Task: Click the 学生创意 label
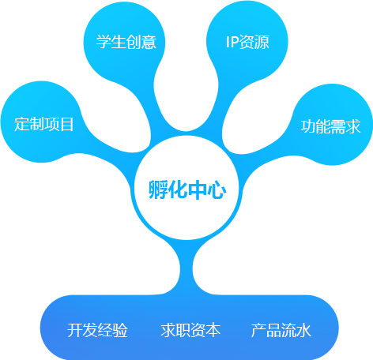coord(126,42)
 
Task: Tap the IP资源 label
coord(247,42)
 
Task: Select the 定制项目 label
coord(43,124)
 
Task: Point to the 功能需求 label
coord(330,126)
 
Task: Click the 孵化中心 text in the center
coord(186,189)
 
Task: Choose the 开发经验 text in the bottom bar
coord(97,330)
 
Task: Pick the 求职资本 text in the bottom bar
coord(190,330)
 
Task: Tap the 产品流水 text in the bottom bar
coord(281,330)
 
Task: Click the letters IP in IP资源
coord(232,42)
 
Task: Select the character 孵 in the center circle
coord(158,189)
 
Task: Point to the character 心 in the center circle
coord(217,189)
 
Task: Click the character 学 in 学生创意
coord(104,42)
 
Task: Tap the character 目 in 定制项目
coord(67,124)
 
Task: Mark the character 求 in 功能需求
coord(353,126)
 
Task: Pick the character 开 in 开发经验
coord(75,330)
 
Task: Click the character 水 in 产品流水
coord(304,330)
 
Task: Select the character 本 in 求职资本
coord(213,330)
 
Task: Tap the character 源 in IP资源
coord(262,42)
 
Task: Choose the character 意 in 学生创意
coord(149,42)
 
